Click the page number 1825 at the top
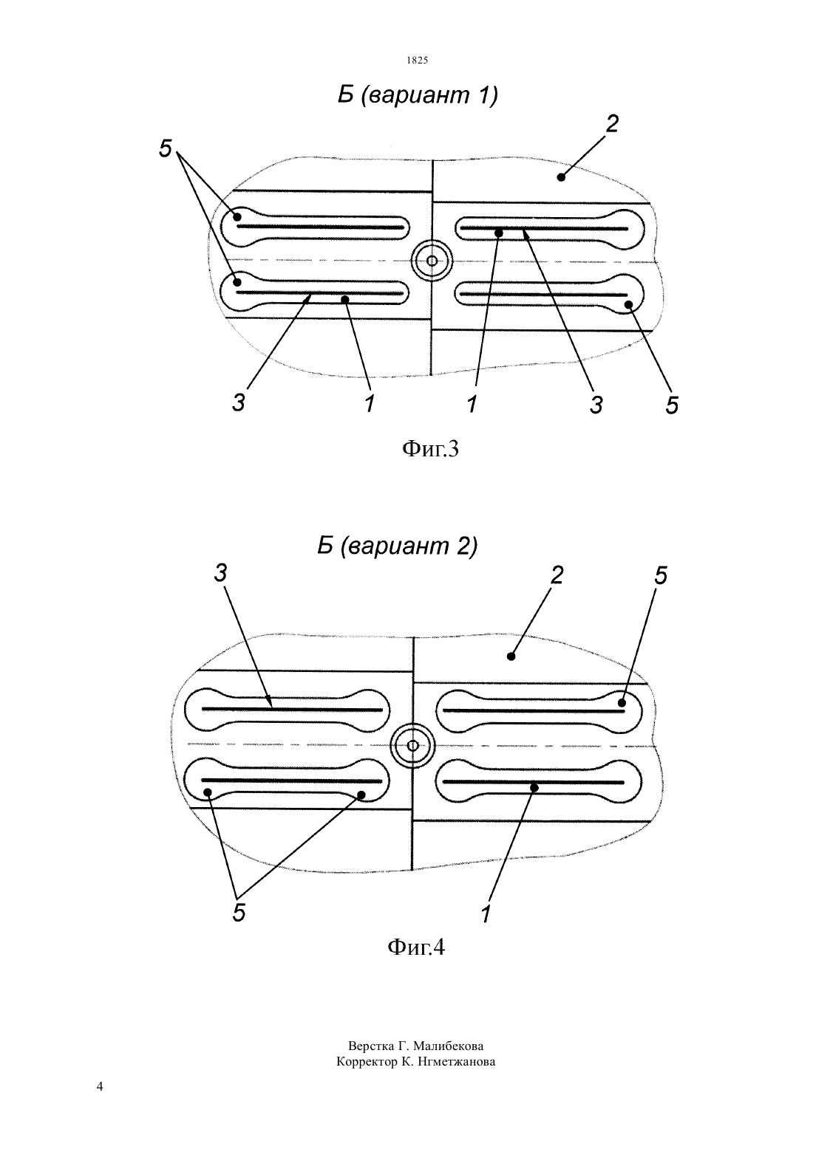[x=417, y=61]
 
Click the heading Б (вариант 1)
[x=418, y=95]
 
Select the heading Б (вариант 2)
[x=398, y=546]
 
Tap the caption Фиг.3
[x=430, y=450]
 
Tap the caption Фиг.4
[x=415, y=947]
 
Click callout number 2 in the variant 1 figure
[x=612, y=123]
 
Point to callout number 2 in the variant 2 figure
[x=557, y=575]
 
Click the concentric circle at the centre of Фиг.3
[x=432, y=261]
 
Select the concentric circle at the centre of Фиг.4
[x=412, y=746]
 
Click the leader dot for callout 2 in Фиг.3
[x=561, y=177]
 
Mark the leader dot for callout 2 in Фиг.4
[x=511, y=656]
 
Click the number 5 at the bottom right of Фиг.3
[x=672, y=405]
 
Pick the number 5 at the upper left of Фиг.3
[x=166, y=148]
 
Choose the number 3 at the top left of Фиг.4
[x=220, y=573]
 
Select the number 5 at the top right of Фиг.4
[x=661, y=576]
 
